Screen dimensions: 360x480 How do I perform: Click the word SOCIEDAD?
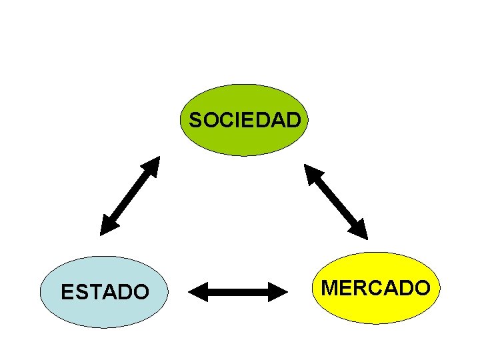(x=245, y=121)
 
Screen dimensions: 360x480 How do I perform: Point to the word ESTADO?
(x=105, y=292)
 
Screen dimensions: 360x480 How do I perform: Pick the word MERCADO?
(x=376, y=288)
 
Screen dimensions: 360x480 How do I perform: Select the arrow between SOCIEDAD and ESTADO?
(x=131, y=195)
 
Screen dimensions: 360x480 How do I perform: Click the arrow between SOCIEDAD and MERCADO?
(x=336, y=201)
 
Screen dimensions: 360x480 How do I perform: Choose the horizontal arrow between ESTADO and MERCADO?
(x=237, y=291)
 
